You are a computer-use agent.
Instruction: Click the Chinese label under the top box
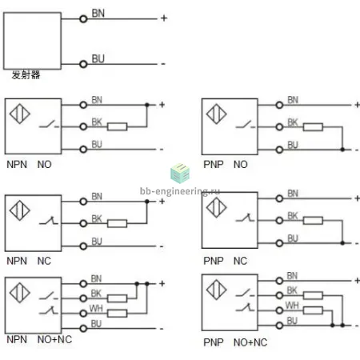click(x=26, y=75)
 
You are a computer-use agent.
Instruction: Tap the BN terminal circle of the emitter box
click(x=83, y=19)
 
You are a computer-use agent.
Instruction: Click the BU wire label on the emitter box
click(x=98, y=58)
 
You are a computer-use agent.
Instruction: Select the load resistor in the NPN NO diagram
click(x=117, y=126)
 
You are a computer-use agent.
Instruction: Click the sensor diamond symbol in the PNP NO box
click(x=216, y=114)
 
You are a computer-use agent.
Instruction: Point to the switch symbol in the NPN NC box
click(x=48, y=221)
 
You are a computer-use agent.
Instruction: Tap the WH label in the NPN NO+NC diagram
click(x=96, y=308)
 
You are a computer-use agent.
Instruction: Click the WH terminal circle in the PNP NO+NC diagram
click(x=279, y=310)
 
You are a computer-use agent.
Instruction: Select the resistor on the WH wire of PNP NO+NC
click(x=313, y=310)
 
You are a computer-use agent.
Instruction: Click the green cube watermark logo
click(x=180, y=173)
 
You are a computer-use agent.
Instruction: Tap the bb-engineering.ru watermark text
click(x=180, y=191)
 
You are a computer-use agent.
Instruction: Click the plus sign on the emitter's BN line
click(x=164, y=18)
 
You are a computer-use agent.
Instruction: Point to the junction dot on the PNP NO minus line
click(x=342, y=150)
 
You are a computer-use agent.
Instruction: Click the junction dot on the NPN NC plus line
click(x=146, y=202)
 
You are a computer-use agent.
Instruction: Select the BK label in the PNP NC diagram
click(x=293, y=215)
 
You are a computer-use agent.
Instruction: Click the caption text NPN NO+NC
click(x=39, y=339)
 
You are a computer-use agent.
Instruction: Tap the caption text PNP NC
click(x=226, y=261)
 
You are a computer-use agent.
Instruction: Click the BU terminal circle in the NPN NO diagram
click(x=83, y=150)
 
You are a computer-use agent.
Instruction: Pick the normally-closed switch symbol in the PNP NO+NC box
click(x=245, y=307)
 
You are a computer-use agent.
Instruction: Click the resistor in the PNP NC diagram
click(x=313, y=221)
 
